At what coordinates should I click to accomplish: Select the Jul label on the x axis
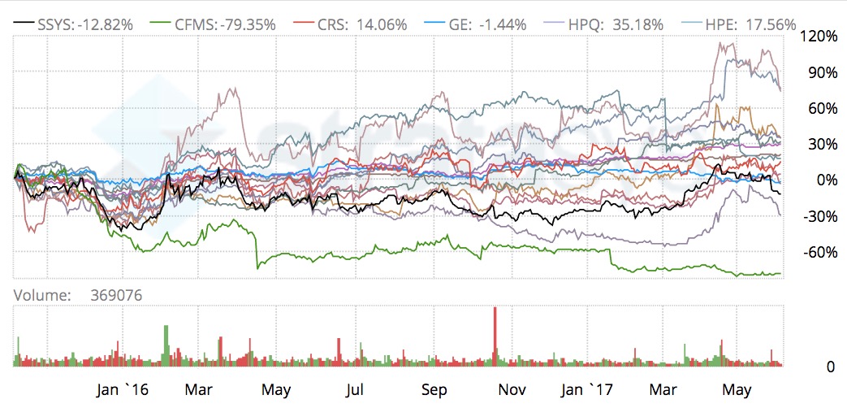point(354,389)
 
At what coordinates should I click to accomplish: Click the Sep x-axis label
point(434,389)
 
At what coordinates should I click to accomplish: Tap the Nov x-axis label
point(510,389)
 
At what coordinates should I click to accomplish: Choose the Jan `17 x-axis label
point(583,389)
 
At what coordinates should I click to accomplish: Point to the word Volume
point(41,296)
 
